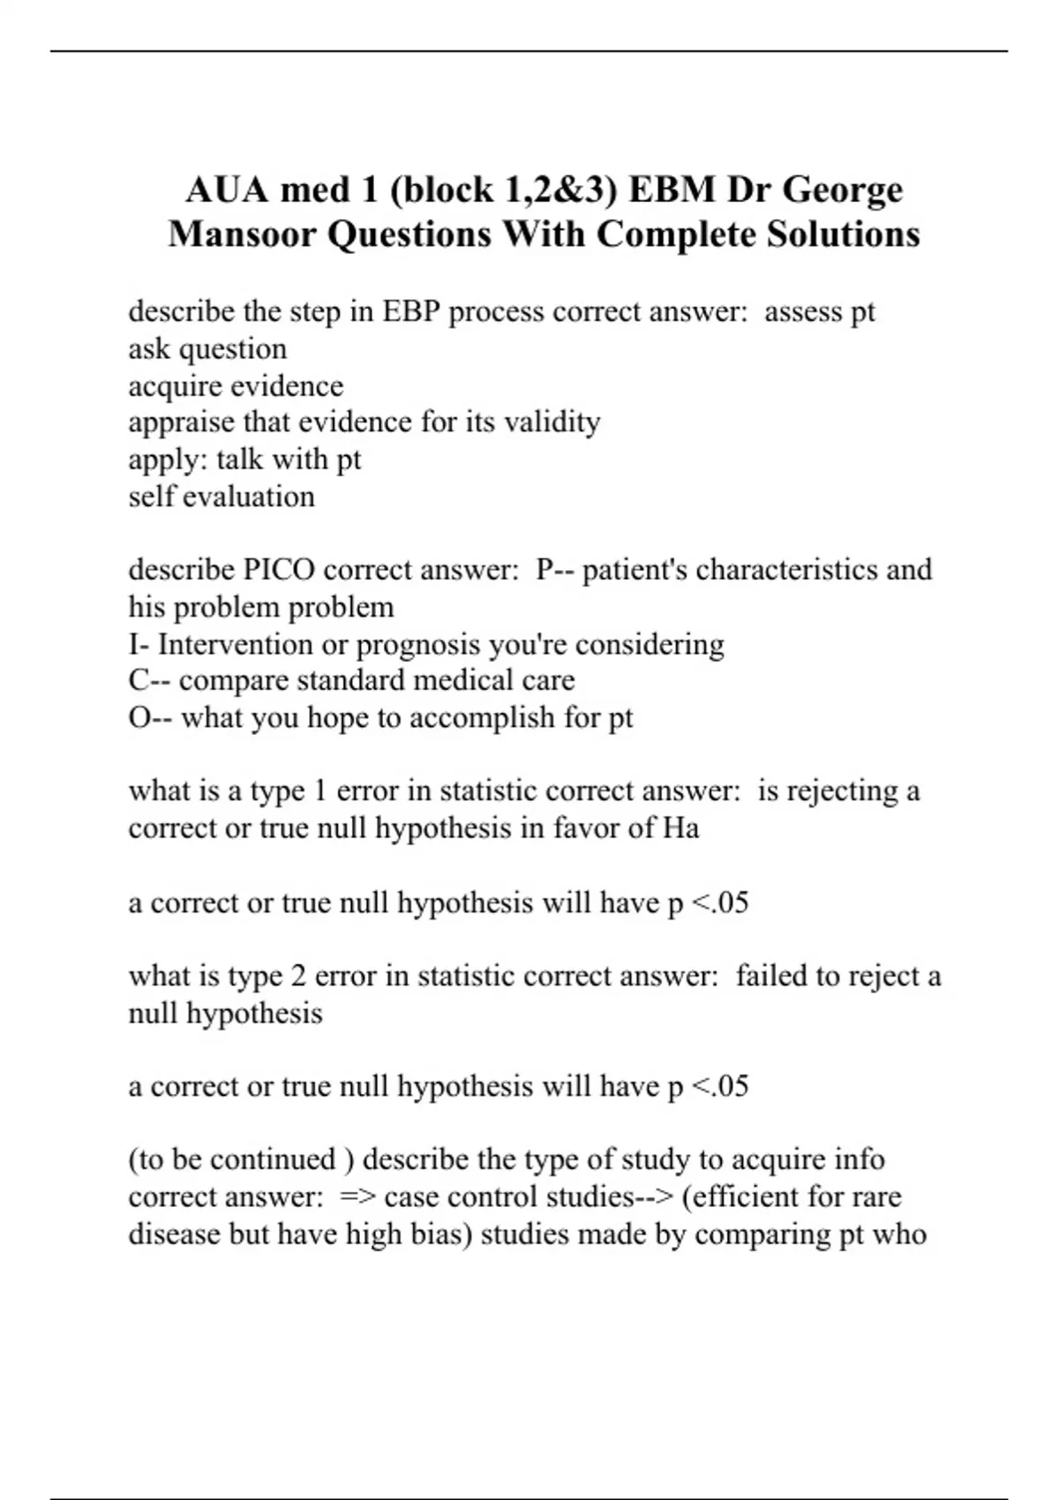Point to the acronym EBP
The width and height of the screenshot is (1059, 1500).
tap(411, 311)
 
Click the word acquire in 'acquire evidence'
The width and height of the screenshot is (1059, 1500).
tap(175, 386)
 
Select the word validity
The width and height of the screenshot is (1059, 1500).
tap(552, 423)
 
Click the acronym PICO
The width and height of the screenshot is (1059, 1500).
tap(279, 570)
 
